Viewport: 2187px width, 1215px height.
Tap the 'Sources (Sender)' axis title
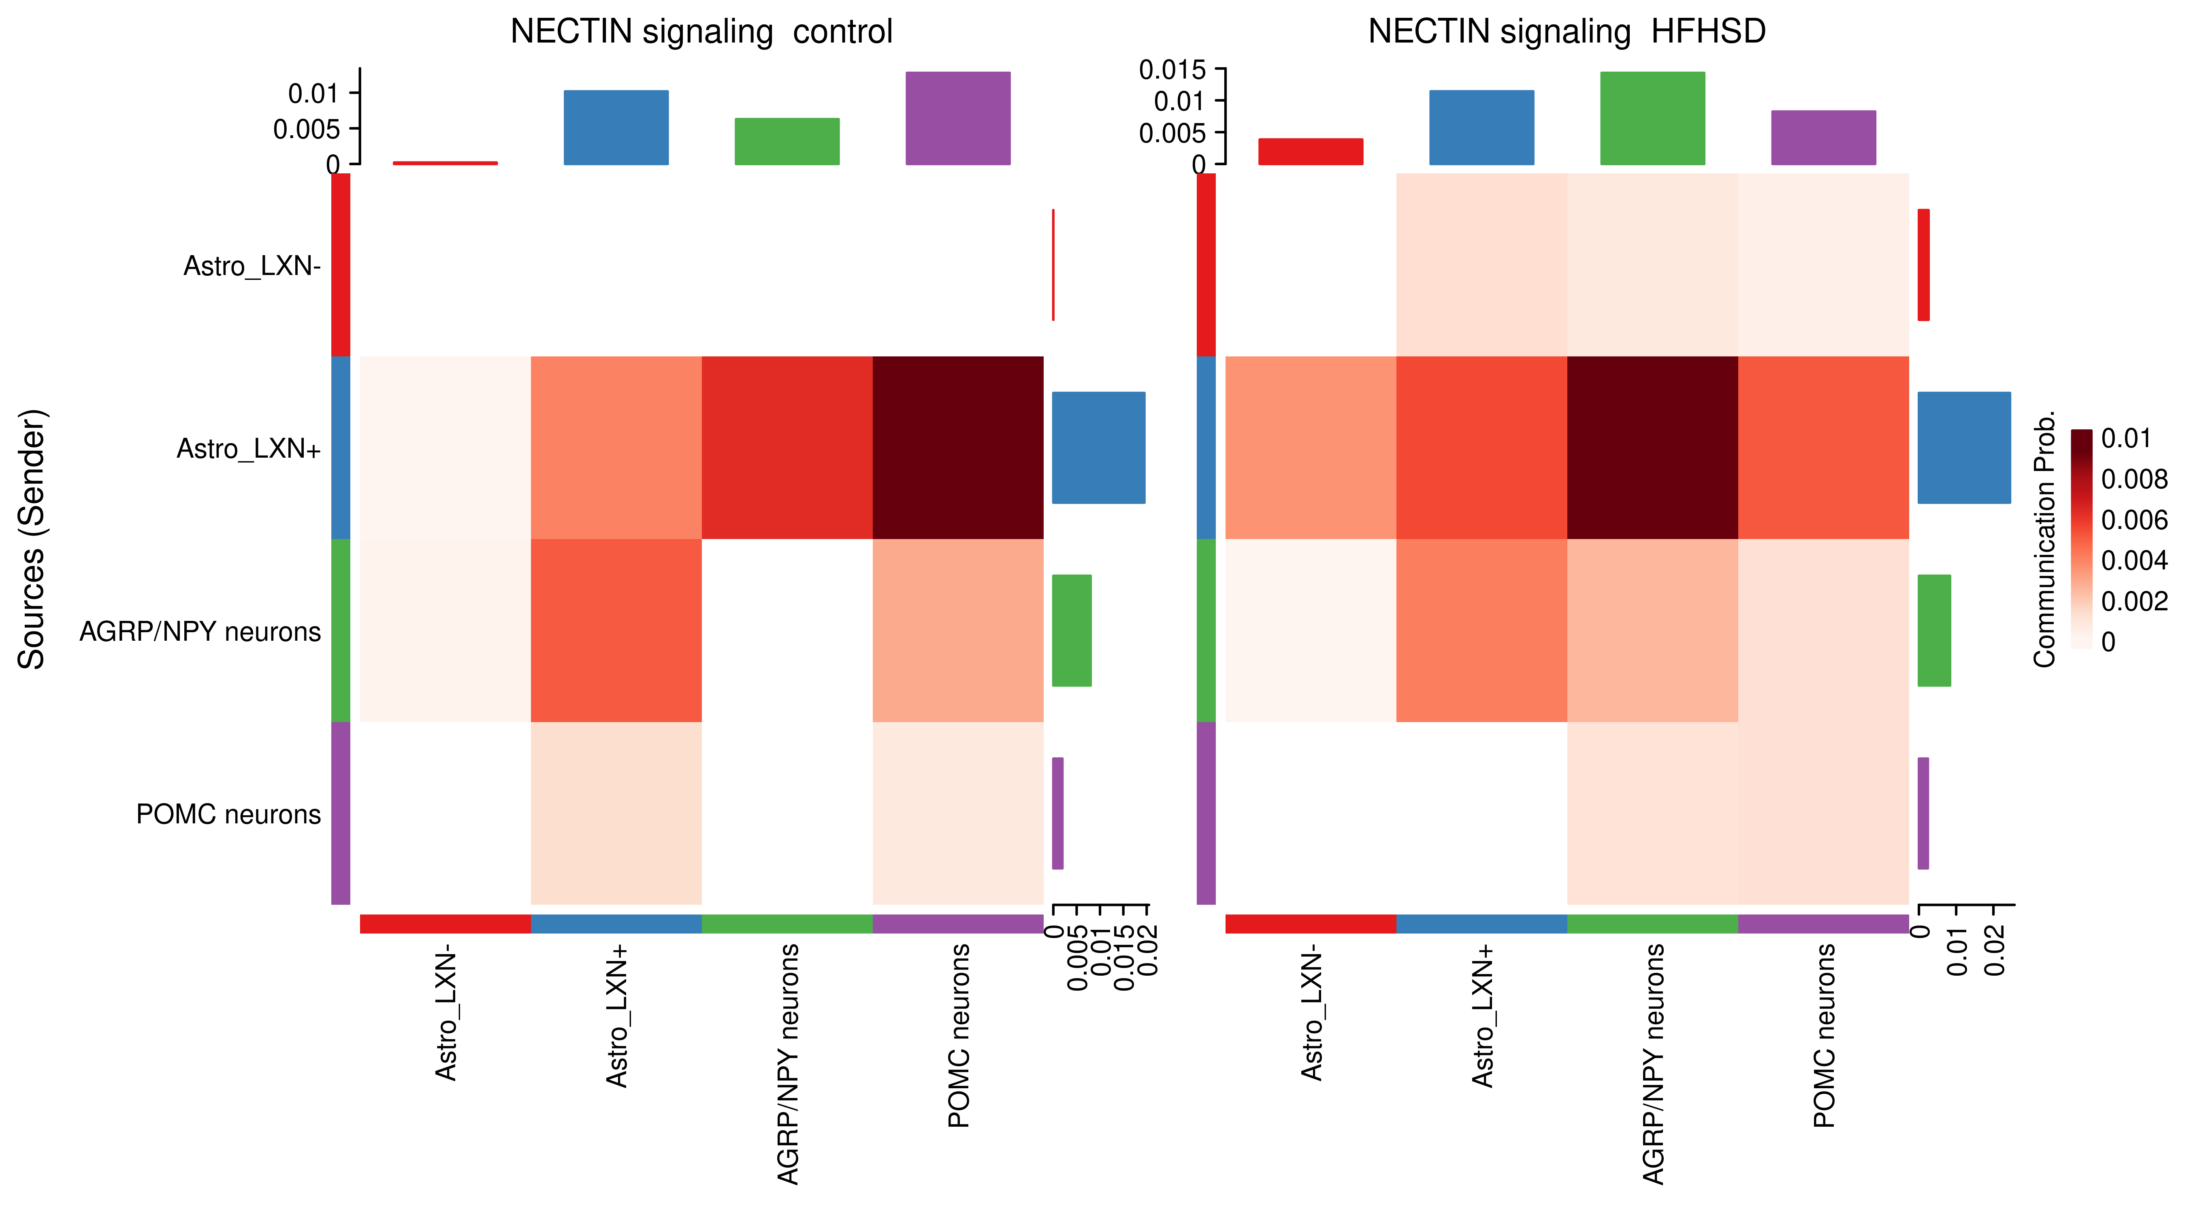tap(32, 540)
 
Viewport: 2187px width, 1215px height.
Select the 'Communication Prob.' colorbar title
tap(2044, 540)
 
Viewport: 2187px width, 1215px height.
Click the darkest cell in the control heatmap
tap(958, 448)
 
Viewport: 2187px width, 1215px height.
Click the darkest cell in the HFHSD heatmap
tap(1652, 448)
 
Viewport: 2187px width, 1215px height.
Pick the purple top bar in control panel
tap(958, 118)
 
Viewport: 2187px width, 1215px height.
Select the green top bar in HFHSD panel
tap(1652, 118)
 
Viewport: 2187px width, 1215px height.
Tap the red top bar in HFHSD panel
tap(1310, 151)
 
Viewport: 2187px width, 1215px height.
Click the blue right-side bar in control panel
tap(1098, 448)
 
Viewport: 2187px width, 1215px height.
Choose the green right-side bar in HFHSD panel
tap(1933, 630)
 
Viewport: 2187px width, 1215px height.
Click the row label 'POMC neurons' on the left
tap(228, 814)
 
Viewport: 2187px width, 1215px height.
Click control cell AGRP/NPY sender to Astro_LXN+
tap(616, 630)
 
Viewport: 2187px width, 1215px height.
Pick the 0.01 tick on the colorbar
tap(2125, 439)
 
